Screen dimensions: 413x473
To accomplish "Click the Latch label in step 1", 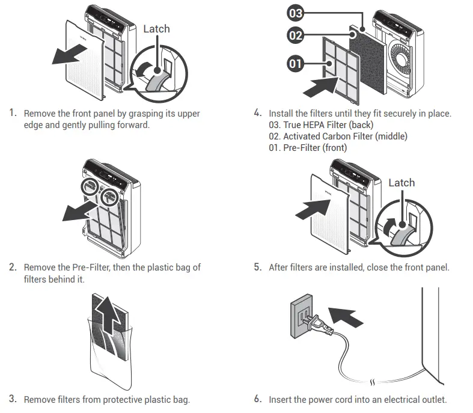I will [x=156, y=29].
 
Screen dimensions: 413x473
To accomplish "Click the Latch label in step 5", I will [x=401, y=183].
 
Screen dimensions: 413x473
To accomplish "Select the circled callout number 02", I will [x=295, y=35].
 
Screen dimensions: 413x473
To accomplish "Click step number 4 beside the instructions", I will [x=258, y=112].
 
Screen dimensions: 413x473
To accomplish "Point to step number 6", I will [x=258, y=399].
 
